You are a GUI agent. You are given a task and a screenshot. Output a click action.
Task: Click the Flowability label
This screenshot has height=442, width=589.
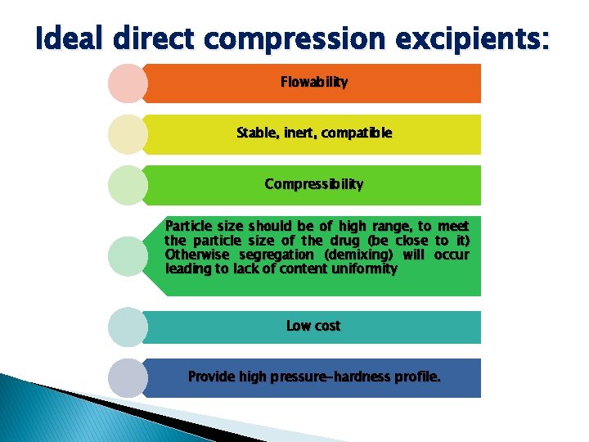click(314, 82)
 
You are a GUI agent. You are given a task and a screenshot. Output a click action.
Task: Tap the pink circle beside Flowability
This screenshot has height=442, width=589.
click(127, 83)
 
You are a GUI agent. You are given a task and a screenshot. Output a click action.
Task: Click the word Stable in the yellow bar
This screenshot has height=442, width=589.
click(258, 133)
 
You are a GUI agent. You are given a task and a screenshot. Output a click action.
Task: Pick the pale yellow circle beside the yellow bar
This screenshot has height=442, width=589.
click(127, 134)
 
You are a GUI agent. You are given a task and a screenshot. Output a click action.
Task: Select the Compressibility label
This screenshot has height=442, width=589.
click(314, 184)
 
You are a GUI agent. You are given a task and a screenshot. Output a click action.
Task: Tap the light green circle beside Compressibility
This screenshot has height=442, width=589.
click(127, 185)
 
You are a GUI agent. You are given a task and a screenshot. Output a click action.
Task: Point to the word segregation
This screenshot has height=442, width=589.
click(272, 255)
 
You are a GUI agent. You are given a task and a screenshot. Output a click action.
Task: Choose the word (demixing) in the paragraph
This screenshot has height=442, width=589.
click(357, 255)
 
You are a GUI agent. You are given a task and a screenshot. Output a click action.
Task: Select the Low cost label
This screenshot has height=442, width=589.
click(313, 326)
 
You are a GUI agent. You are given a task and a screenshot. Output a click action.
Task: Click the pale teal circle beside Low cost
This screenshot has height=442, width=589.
click(127, 327)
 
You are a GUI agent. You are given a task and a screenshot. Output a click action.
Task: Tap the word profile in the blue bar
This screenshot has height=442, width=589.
click(417, 377)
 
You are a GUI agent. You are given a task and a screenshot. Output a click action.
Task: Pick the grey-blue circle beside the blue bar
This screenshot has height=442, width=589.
click(127, 377)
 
